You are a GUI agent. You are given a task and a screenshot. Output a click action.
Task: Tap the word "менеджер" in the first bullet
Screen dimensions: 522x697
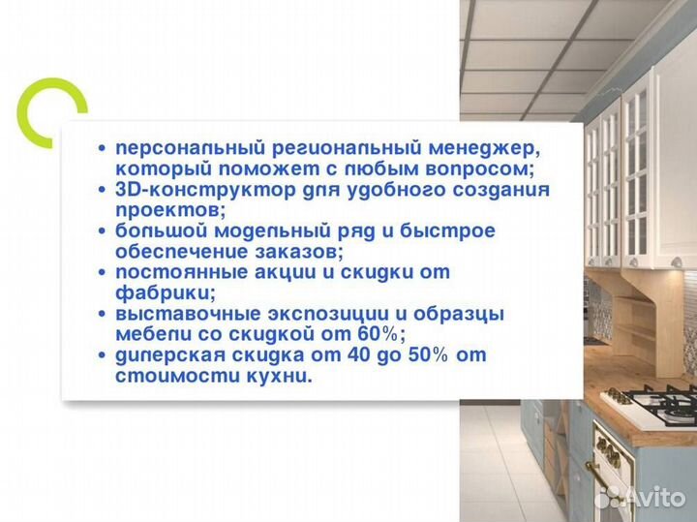(481, 148)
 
